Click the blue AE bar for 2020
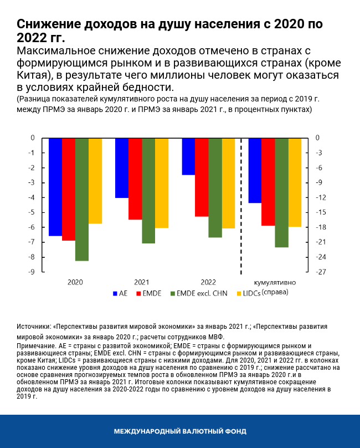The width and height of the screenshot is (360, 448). pyautogui.click(x=55, y=187)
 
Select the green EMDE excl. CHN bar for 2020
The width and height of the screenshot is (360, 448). pyautogui.click(x=82, y=199)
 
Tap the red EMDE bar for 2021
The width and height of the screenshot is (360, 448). pyautogui.click(x=135, y=179)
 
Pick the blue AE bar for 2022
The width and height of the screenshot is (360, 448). pyautogui.click(x=188, y=156)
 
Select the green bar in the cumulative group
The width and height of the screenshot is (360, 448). pyautogui.click(x=281, y=192)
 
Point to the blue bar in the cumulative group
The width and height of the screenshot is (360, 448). pyautogui.click(x=255, y=170)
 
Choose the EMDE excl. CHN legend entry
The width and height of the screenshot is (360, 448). pyautogui.click(x=196, y=293)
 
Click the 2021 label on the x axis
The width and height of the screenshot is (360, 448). pyautogui.click(x=142, y=282)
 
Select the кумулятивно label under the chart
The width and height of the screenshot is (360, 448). pyautogui.click(x=275, y=282)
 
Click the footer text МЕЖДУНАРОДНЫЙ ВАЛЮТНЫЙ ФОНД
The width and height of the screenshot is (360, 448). pyautogui.click(x=180, y=431)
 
